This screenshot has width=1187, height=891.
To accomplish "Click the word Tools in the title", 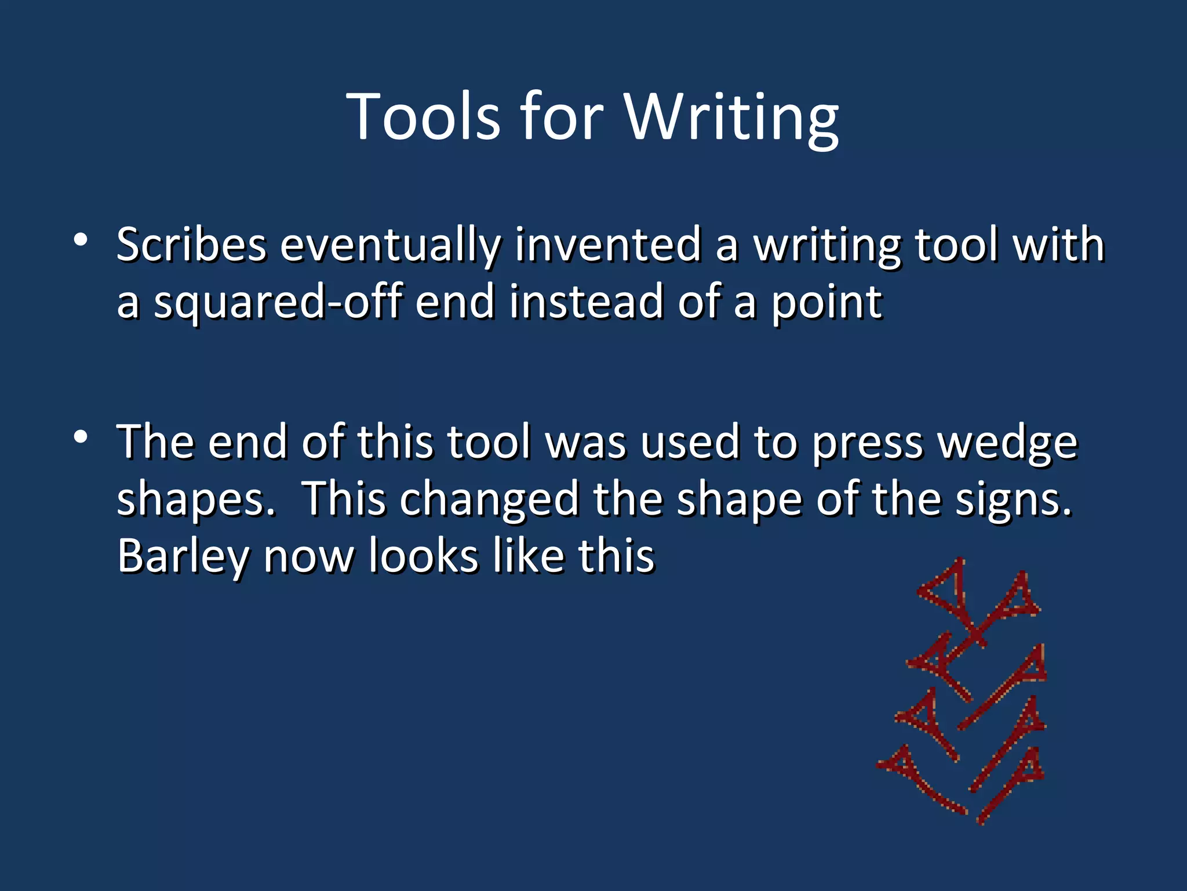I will tap(423, 117).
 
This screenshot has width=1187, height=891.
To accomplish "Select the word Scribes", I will tap(191, 245).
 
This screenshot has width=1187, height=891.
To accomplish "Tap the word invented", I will tap(608, 245).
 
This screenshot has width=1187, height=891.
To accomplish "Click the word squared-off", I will tap(278, 302).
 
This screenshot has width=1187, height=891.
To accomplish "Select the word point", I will tap(826, 303).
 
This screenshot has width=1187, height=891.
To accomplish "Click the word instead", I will tap(586, 302).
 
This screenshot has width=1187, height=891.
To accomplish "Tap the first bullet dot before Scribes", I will tap(81, 240).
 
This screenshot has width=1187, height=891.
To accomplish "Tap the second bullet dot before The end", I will tap(81, 436).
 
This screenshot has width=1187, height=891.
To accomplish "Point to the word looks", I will tap(424, 556).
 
